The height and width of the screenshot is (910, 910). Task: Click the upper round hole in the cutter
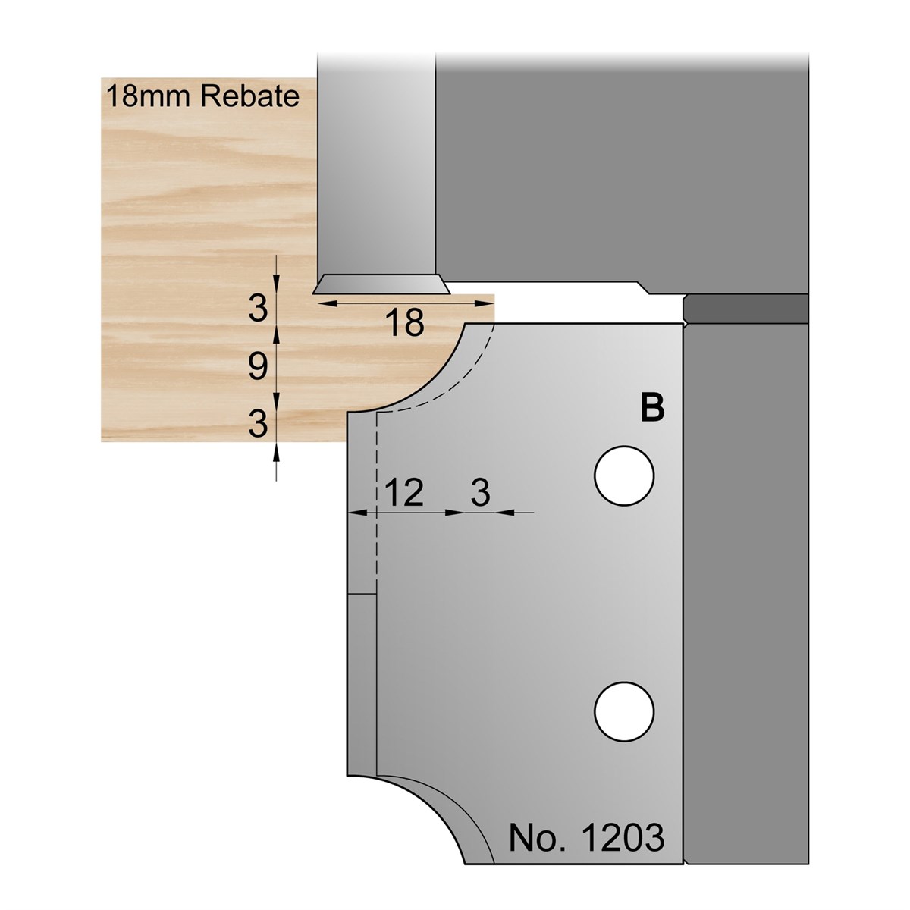tap(624, 476)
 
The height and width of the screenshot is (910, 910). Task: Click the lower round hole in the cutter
tap(624, 711)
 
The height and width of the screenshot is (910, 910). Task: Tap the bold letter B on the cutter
tap(652, 408)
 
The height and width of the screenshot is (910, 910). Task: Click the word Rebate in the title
tap(249, 96)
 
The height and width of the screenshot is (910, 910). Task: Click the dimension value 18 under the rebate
tap(405, 323)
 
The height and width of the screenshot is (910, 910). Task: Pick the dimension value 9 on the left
tap(258, 366)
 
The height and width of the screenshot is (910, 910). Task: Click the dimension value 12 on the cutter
tap(405, 493)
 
